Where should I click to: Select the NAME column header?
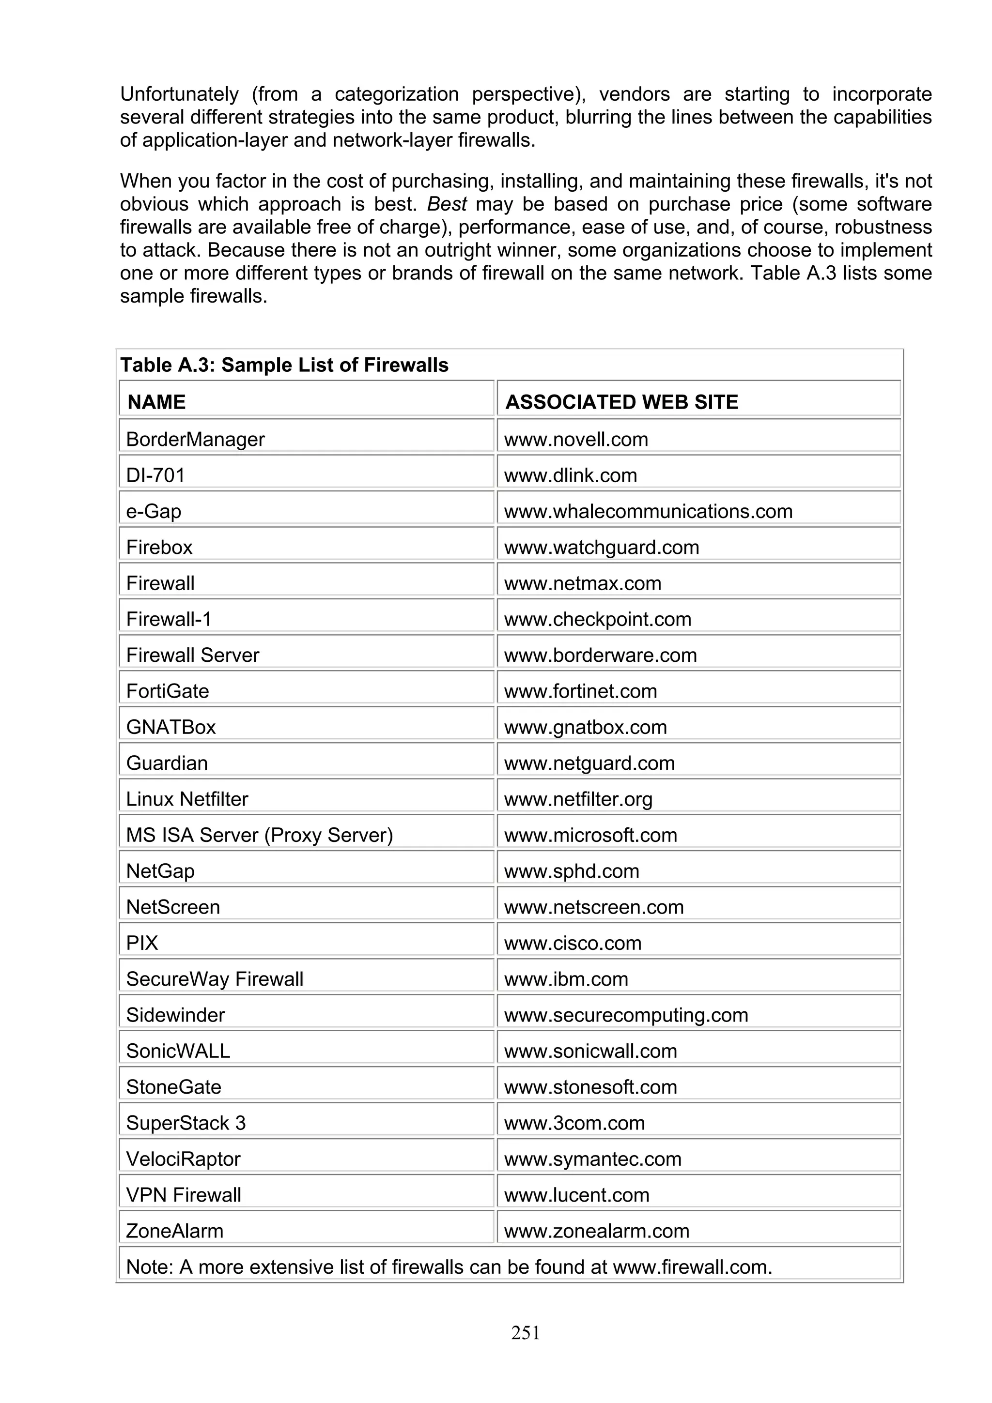coord(156,402)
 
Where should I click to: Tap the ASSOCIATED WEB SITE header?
coord(621,402)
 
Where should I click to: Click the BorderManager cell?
coord(195,440)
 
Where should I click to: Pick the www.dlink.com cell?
coord(570,475)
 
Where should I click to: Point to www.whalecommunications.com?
coord(648,511)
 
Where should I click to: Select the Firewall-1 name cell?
coord(169,619)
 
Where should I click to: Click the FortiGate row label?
coord(168,691)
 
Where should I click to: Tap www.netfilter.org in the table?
coord(578,799)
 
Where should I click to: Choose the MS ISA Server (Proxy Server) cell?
coord(259,835)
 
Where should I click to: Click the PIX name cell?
coord(142,943)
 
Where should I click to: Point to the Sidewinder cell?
coord(175,1015)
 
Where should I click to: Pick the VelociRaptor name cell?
coord(184,1159)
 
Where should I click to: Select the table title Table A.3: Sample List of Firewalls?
coord(284,366)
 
